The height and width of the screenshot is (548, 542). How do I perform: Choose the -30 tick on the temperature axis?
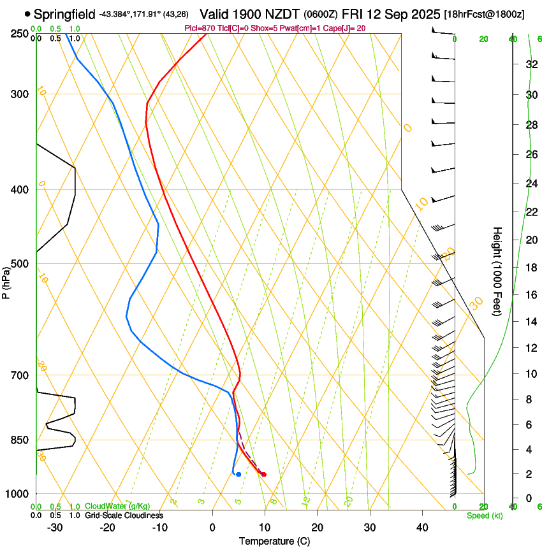click(55, 527)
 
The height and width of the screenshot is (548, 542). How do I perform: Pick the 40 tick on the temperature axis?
click(421, 527)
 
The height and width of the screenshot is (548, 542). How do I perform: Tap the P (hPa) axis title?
click(6, 280)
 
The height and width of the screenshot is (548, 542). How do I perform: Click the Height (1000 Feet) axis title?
click(497, 271)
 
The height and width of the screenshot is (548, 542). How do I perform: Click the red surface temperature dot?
click(263, 474)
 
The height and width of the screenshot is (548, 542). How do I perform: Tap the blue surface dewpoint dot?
click(238, 474)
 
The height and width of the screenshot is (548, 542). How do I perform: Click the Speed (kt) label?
click(484, 516)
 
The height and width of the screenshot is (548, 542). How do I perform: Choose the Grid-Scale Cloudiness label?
click(124, 516)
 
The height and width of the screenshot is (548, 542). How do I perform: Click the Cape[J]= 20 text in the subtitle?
click(344, 28)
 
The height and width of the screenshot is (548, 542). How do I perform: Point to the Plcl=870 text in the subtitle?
click(199, 28)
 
